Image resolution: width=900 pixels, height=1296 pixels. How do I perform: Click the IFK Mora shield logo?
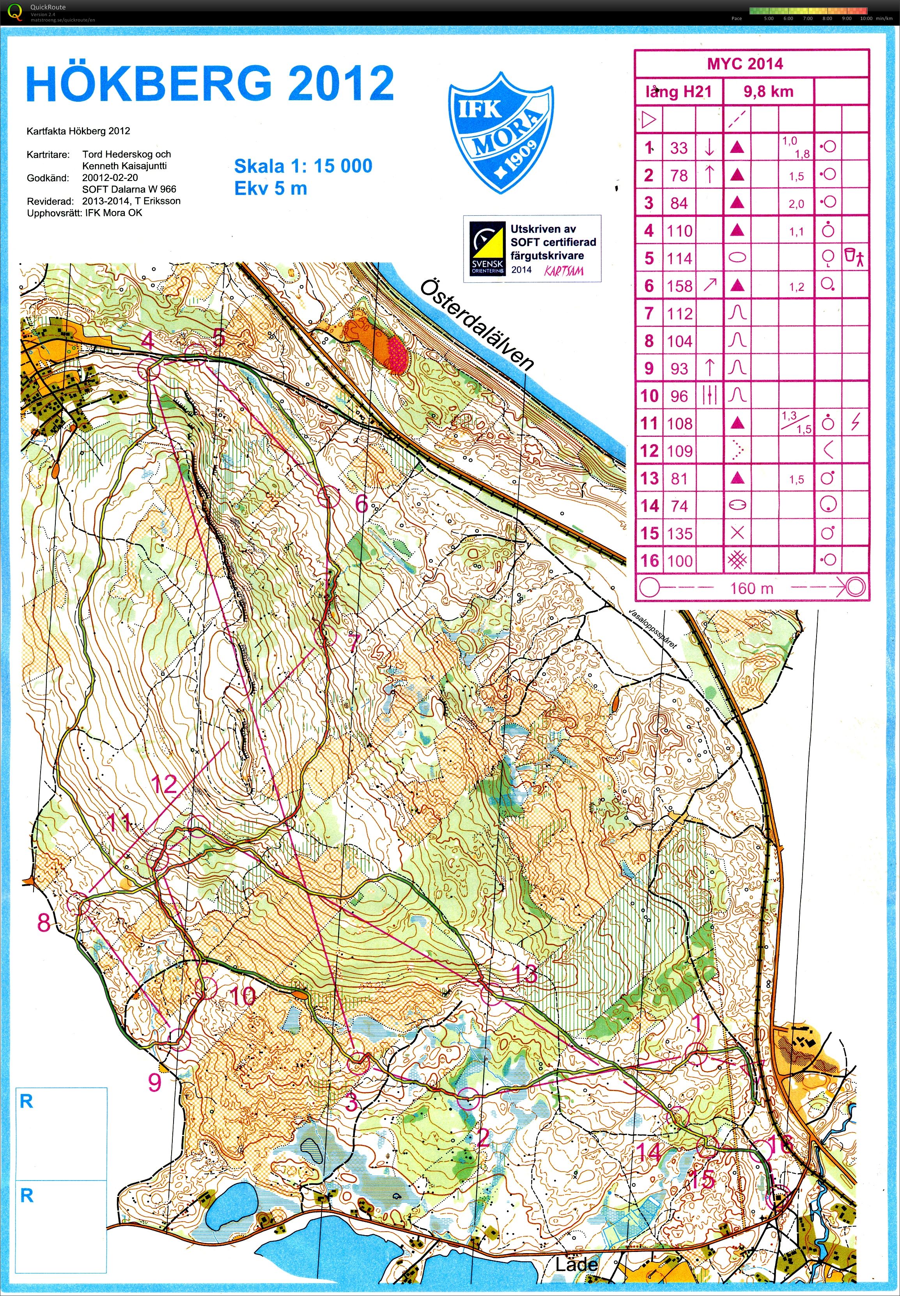pos(500,133)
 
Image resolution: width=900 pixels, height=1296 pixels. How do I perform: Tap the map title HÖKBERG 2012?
pos(209,83)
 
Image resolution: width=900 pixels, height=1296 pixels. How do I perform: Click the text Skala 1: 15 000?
pos(303,166)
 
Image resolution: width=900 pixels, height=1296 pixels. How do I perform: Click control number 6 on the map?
pos(361,503)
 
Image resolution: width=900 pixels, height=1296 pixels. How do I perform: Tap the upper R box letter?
pos(27,1101)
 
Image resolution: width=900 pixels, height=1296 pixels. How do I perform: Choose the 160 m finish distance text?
pos(751,588)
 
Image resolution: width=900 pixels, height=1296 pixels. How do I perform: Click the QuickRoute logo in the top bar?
pos(15,11)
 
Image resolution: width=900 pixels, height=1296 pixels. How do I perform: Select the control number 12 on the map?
pos(164,784)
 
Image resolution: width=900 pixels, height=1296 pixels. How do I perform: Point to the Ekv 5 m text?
pos(271,188)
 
